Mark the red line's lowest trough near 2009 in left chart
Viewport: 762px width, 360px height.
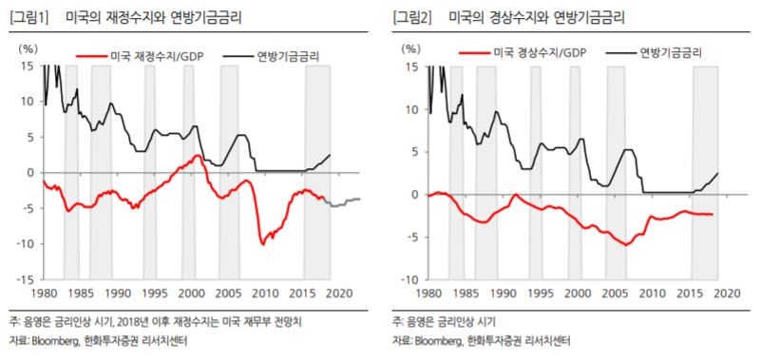tap(263, 243)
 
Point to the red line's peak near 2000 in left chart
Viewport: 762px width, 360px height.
tap(196, 156)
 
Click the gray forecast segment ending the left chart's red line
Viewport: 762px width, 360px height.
tap(342, 201)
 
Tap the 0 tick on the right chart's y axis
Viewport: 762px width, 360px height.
tap(414, 194)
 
